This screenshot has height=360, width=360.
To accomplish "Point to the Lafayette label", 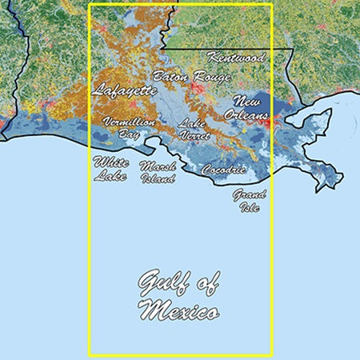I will (126, 90).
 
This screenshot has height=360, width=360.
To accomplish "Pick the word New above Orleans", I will (247, 102).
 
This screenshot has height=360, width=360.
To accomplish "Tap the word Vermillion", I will (129, 122).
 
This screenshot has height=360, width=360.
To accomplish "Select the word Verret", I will (194, 136).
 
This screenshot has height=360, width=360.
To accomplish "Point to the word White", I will (110, 162).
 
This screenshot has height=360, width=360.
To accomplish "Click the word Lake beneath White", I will (110, 175).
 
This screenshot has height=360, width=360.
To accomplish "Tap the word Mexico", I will (178, 310).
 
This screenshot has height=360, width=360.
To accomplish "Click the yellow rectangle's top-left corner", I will (89, 5).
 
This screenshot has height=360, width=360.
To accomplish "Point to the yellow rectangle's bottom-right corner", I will (272, 354).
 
